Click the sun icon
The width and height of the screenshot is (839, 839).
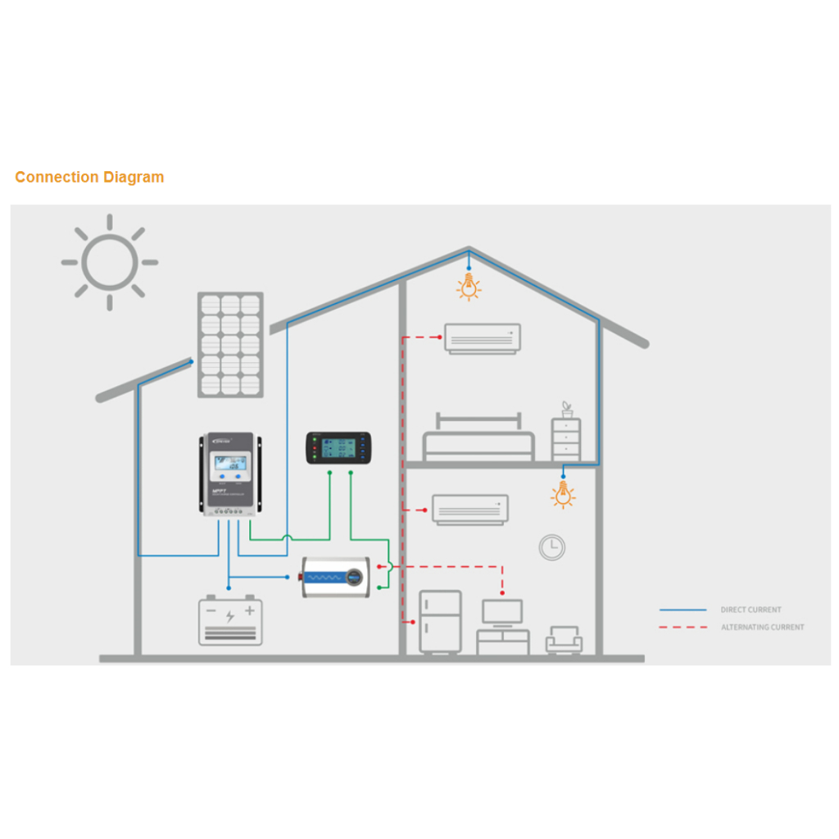(109, 262)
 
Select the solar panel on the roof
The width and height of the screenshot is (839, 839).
(230, 345)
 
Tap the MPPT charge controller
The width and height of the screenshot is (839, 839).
(231, 474)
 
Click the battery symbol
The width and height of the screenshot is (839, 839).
(230, 620)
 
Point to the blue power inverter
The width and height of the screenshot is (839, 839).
(335, 577)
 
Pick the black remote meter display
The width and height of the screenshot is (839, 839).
(338, 447)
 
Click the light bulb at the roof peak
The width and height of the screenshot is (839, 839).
(469, 286)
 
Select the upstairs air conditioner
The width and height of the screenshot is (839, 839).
(483, 338)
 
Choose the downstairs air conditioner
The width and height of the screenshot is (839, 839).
(470, 509)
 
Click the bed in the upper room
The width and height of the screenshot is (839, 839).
(478, 440)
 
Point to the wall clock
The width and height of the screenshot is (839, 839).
(552, 546)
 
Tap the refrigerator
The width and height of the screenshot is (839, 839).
(440, 621)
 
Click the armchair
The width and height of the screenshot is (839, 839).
(564, 639)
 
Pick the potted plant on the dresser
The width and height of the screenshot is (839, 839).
(566, 409)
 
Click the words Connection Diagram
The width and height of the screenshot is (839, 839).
(89, 177)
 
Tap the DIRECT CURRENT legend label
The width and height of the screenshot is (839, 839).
(751, 610)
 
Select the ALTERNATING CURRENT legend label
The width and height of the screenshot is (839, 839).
(762, 628)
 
